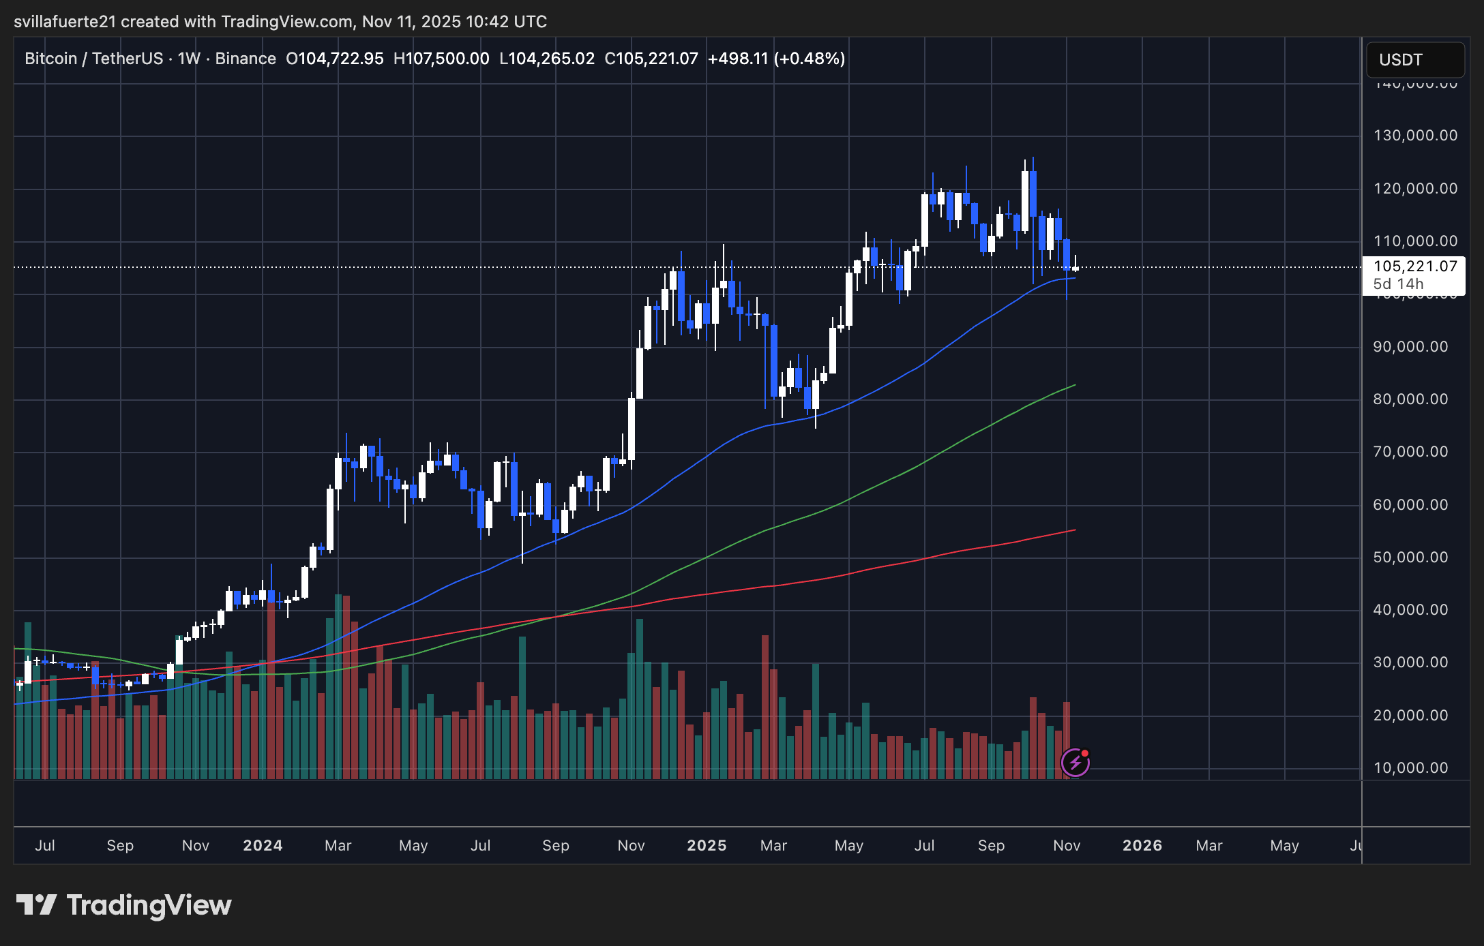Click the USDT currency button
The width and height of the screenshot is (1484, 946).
coord(1414,60)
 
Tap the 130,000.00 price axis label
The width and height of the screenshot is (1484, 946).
coord(1415,136)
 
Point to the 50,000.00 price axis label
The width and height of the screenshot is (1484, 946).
coord(1410,558)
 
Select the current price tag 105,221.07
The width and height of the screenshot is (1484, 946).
coord(1415,266)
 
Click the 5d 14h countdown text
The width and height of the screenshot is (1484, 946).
coord(1398,284)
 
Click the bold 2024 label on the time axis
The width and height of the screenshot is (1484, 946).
coord(263,846)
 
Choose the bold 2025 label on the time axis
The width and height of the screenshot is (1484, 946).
coord(707,846)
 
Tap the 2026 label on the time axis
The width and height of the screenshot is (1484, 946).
coord(1142,846)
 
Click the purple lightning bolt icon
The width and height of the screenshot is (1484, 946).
coord(1075,763)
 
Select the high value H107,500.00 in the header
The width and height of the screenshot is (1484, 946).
coord(441,59)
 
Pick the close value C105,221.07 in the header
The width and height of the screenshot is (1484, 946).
coord(651,59)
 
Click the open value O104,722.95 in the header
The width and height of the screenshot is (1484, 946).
coord(335,59)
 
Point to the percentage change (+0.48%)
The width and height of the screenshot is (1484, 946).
coord(810,59)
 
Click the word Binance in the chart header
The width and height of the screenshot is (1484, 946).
coord(246,59)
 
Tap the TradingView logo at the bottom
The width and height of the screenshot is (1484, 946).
coord(124,905)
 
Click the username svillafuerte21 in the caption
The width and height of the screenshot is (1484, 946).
coord(65,22)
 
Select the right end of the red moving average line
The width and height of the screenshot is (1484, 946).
coord(1075,530)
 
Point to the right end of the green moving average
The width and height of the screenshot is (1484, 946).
coord(1075,385)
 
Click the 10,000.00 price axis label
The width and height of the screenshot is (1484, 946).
coord(1410,768)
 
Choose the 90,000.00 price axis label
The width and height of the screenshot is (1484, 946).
coord(1410,347)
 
